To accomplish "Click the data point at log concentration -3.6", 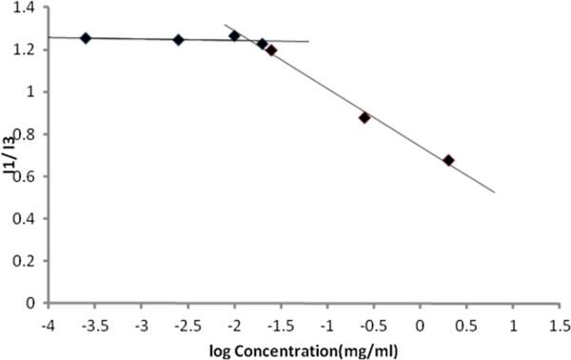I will click(x=86, y=38).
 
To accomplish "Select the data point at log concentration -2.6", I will click(x=178, y=39).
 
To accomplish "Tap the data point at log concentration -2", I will click(x=234, y=35).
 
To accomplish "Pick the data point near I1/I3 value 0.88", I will click(x=364, y=117).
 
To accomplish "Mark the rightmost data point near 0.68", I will click(x=448, y=160).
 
